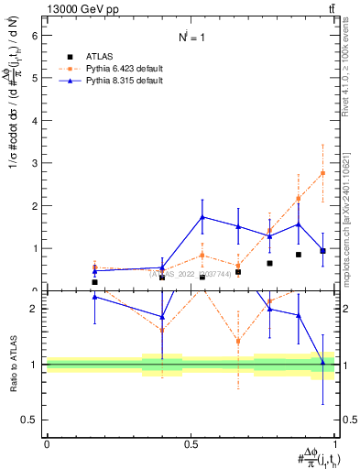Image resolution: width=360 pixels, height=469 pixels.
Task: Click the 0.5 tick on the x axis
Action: (191, 444)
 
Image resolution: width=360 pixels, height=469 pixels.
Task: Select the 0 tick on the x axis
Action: (47, 444)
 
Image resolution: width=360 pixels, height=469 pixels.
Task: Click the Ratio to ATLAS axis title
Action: (12, 364)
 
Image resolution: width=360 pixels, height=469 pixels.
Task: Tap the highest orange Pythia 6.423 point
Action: (322, 173)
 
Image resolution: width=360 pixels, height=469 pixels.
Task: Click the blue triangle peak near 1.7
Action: (202, 217)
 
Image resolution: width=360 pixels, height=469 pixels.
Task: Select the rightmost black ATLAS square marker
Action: (322, 250)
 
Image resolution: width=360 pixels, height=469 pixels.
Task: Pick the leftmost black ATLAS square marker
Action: (94, 282)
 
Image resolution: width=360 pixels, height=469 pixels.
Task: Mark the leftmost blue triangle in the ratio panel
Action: (94, 297)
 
